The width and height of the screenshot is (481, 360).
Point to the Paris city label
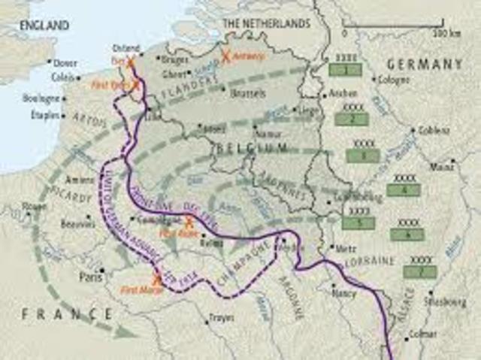(91, 276)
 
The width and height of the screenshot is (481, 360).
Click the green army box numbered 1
(345, 70)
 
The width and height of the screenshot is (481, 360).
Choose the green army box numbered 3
(364, 155)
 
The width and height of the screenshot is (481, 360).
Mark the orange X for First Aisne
(189, 222)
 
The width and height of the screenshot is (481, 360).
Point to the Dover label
(65, 62)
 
